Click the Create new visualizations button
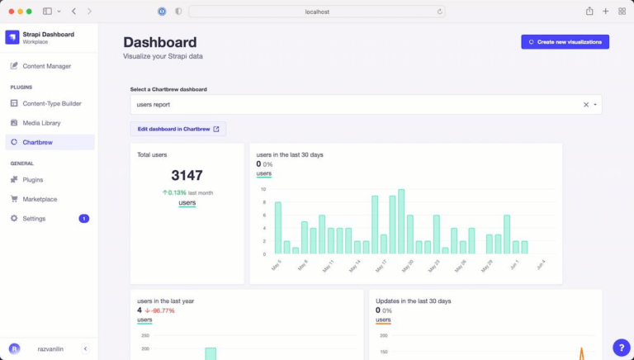click(565, 41)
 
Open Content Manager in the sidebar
click(46, 66)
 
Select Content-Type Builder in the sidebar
click(51, 103)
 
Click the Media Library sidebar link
click(41, 123)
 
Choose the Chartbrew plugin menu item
click(38, 143)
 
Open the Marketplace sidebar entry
click(40, 199)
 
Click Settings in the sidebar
click(34, 219)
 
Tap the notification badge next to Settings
click(84, 219)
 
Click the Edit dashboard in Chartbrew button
click(178, 129)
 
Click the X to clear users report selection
click(586, 105)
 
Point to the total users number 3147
click(187, 175)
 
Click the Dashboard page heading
click(160, 42)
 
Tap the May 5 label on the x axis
click(276, 266)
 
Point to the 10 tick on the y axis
click(263, 189)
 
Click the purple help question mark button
click(622, 348)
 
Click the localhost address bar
click(317, 12)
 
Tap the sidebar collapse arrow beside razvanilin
click(85, 349)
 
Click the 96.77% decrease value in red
click(162, 310)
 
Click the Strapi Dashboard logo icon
click(12, 37)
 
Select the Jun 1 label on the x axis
click(513, 266)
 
